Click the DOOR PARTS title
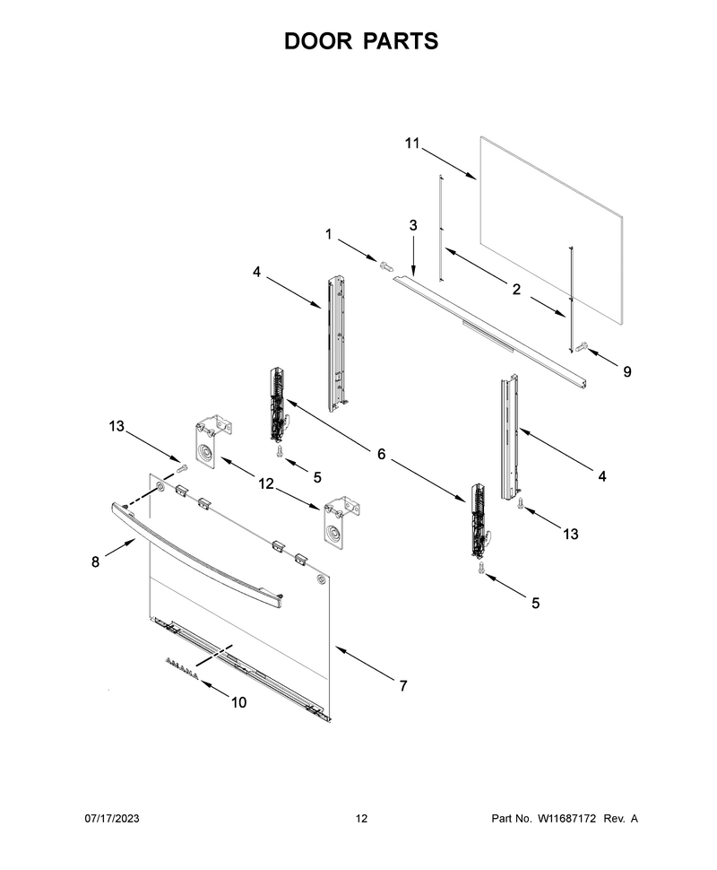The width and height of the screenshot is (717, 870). coord(361,41)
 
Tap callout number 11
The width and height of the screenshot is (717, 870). coord(412,144)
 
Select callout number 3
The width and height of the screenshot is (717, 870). coord(413,225)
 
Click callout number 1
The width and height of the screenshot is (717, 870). coord(328,235)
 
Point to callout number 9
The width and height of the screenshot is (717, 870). coord(627,371)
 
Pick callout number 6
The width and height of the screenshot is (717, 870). coord(381,454)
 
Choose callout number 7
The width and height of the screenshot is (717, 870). coord(403,686)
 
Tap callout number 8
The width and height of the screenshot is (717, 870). coord(95,562)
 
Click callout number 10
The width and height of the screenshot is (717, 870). coord(238,702)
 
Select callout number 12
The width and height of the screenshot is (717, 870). coord(266,483)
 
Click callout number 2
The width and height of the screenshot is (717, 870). coord(516,289)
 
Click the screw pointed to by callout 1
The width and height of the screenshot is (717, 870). coord(384,265)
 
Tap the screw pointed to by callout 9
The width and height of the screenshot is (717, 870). coord(581,347)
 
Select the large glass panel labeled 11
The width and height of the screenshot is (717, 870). coord(551,231)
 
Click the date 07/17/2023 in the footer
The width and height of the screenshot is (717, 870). coord(112,818)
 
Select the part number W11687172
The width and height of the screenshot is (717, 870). coord(566,818)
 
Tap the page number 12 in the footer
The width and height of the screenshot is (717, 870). coord(361,818)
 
